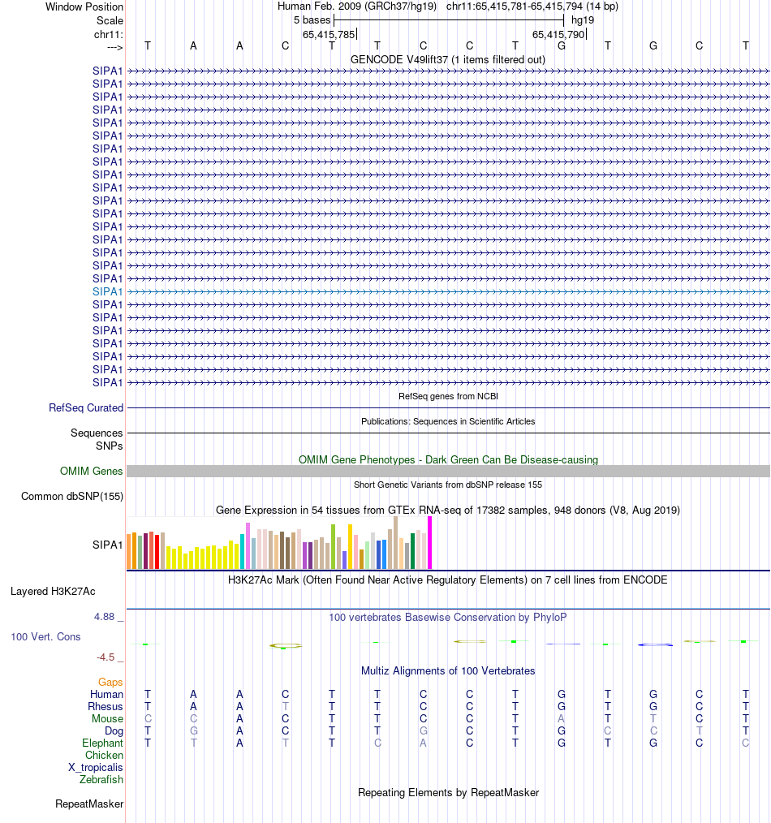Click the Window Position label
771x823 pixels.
84,6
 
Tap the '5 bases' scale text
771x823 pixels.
308,19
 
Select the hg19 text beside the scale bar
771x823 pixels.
583,19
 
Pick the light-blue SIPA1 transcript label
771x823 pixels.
108,291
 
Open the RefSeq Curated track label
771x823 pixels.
86,407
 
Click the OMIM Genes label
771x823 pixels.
92,471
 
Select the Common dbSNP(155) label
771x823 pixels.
72,497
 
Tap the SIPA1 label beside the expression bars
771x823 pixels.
108,544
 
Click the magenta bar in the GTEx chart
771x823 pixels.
429,543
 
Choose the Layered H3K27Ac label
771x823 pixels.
53,591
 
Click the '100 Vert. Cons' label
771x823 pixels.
45,636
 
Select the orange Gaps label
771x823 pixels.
110,682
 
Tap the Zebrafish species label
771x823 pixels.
101,779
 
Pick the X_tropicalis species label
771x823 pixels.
96,767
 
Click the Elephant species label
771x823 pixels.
102,743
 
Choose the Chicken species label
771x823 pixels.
104,755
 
